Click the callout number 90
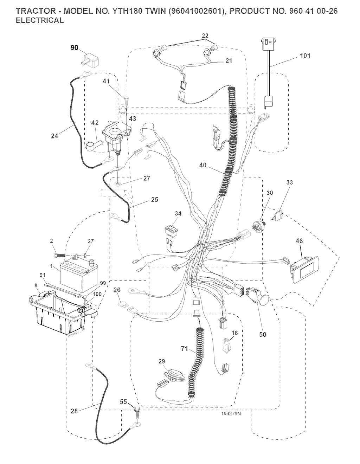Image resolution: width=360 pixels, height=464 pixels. [75, 48]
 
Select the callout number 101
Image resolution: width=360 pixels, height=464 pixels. [305, 56]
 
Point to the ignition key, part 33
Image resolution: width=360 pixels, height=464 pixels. [279, 215]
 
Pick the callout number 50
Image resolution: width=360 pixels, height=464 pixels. [263, 334]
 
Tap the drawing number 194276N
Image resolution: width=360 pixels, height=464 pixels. [231, 414]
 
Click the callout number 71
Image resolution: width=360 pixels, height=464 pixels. [184, 349]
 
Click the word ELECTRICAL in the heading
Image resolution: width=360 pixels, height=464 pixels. [40, 20]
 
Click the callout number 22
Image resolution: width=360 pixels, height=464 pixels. [205, 36]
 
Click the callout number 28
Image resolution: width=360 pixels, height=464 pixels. [74, 411]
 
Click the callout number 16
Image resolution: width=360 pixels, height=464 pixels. [234, 333]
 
